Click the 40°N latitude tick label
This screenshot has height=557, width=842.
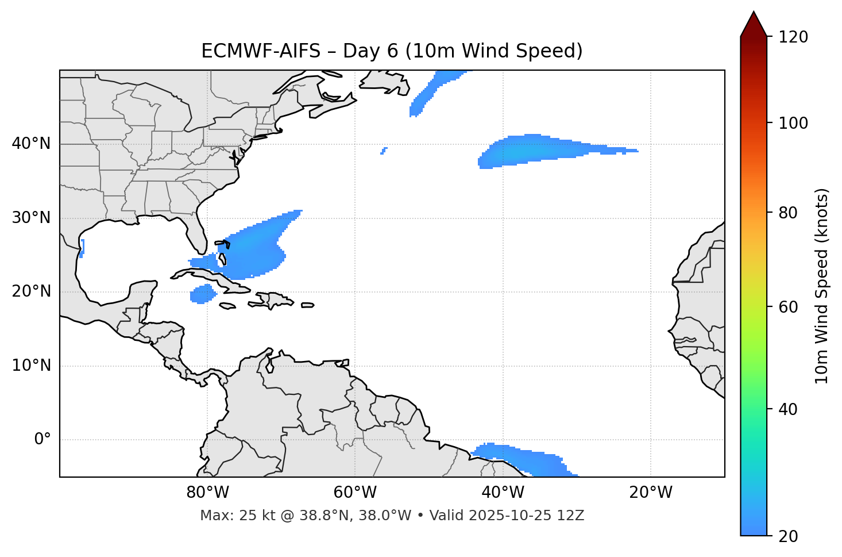coord(31,144)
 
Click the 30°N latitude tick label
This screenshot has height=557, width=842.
coord(31,218)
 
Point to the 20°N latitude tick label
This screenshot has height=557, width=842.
coord(31,291)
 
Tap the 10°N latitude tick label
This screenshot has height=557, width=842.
coord(31,366)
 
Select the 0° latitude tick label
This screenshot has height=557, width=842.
coord(43,440)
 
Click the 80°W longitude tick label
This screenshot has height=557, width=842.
coord(207,493)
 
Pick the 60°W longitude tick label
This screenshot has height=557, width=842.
coord(355,493)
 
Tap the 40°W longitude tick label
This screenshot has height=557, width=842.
coord(503,493)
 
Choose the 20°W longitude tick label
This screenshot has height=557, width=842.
coord(651,493)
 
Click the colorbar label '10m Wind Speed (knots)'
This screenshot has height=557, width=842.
coord(821,286)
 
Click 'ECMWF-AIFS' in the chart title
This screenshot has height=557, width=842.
coord(260,51)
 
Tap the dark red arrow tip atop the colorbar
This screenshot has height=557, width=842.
coord(754,22)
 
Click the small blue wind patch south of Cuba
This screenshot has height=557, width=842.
coord(203,294)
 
